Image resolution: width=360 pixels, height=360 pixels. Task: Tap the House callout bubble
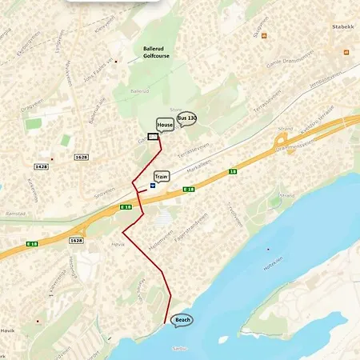click(x=166, y=125)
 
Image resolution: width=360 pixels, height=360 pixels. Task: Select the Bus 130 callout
click(x=186, y=118)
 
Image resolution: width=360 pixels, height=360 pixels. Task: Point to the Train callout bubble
click(x=162, y=175)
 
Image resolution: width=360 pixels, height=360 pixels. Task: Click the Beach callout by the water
click(x=182, y=319)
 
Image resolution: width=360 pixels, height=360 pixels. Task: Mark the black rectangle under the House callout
click(x=153, y=136)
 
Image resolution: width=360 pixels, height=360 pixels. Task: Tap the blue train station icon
click(x=152, y=184)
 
